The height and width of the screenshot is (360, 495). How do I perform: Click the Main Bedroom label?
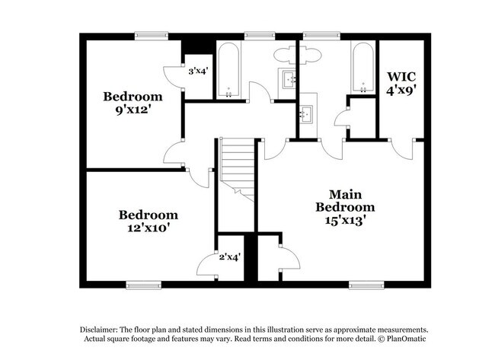[345, 201]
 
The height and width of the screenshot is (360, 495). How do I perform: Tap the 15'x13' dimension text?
[345, 220]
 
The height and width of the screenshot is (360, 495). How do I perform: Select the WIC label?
[401, 76]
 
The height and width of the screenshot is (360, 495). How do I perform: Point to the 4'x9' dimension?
[401, 91]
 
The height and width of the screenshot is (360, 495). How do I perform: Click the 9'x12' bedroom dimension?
[133, 110]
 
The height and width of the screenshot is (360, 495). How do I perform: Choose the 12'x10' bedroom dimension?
[147, 228]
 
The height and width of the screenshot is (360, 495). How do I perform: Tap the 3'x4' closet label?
[198, 72]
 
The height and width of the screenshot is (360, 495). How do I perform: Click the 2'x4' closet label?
[230, 257]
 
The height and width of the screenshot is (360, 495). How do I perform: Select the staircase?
[238, 170]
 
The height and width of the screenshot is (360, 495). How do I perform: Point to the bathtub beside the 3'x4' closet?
[228, 70]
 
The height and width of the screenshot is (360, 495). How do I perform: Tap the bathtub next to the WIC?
[363, 68]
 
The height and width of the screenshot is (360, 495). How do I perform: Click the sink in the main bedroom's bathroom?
[306, 113]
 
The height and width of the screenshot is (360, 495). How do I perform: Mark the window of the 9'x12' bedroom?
[152, 36]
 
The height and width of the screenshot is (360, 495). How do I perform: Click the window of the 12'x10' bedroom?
[144, 285]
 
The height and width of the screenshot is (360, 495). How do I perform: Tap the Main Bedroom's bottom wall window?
[366, 285]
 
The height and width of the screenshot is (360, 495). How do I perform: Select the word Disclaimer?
[98, 330]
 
